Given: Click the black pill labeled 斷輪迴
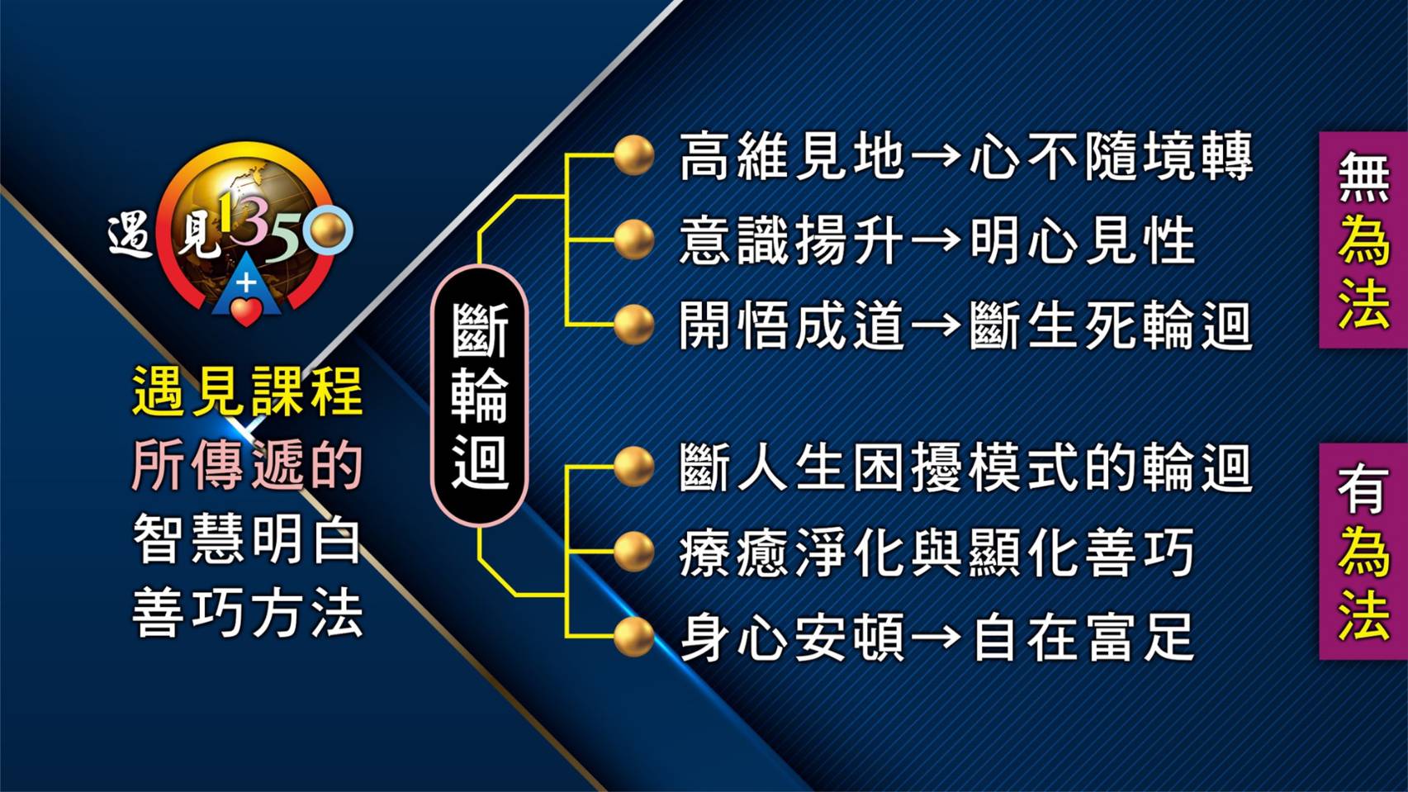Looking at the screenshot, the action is click(479, 396).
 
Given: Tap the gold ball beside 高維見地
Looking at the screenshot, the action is click(633, 155).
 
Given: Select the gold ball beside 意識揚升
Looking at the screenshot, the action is click(633, 240).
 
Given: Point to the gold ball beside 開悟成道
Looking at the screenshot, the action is click(633, 325).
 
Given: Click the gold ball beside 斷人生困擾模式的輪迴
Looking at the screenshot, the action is click(633, 467).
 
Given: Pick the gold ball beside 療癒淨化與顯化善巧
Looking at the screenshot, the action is click(633, 552).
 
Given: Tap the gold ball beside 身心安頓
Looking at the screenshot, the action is click(633, 637).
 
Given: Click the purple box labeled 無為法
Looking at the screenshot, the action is click(1363, 239).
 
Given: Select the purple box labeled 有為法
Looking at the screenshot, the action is click(1363, 551).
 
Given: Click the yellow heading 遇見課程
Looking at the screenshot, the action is click(248, 391).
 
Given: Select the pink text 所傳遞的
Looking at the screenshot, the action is click(248, 465).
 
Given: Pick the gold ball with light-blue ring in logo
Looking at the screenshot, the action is click(328, 230).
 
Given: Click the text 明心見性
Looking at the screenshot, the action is click(1081, 241).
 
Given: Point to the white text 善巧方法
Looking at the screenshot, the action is click(248, 613).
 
